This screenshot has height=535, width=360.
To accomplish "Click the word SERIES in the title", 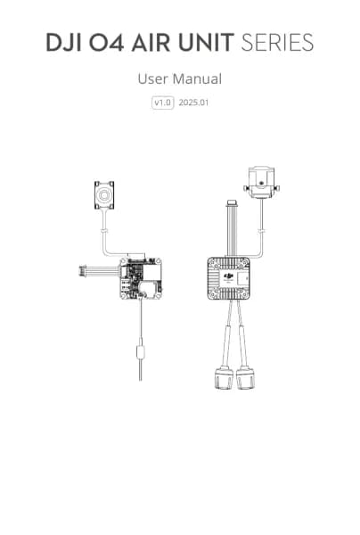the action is coord(277,43).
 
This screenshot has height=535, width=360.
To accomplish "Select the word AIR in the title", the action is coord(151,43).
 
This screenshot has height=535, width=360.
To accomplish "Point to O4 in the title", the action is coord(106,43).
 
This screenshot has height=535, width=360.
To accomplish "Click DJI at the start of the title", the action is coord(64,43).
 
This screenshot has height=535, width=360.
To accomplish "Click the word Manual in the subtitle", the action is coord(197,78).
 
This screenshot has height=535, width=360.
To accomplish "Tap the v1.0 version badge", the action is coord(162,103).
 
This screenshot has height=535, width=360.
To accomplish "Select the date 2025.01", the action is coord(193,103).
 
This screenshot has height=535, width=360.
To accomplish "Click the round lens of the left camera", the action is coord(104,194).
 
